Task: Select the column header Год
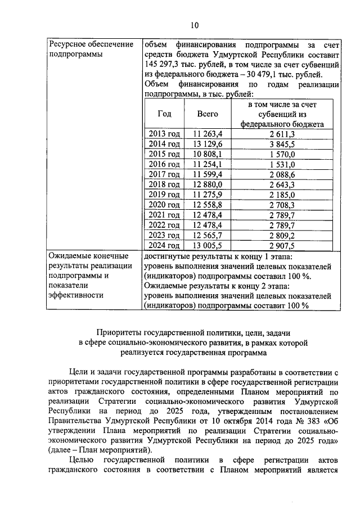coord(164,113)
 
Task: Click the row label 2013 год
coord(164,134)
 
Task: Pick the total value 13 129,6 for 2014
coord(208,144)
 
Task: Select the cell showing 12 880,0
coord(208,184)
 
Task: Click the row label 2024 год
coord(164,245)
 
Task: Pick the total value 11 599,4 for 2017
coord(208,174)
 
